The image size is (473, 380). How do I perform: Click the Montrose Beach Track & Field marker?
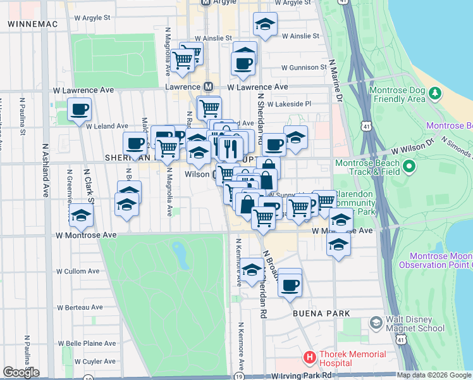click(408, 167)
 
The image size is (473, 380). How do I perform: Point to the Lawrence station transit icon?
click(208, 87)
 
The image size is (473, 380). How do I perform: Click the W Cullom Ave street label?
click(78, 271)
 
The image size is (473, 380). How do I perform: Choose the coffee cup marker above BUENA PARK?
click(290, 284)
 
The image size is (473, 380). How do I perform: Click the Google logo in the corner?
click(21, 372)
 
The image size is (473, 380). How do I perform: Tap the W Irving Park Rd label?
click(302, 376)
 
